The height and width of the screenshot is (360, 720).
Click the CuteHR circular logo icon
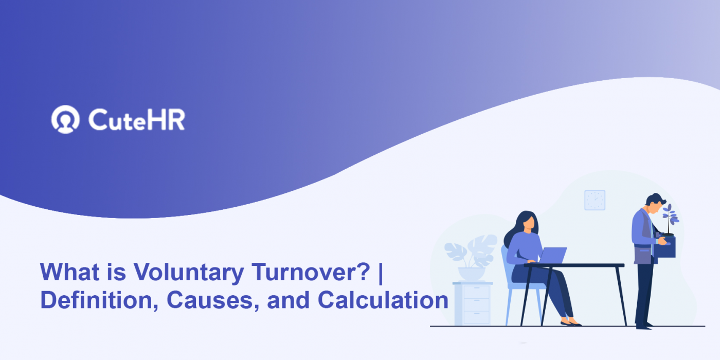click(65, 119)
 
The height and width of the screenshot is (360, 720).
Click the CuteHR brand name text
click(136, 120)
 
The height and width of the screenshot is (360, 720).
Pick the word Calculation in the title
click(383, 300)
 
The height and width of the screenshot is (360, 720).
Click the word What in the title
click(65, 273)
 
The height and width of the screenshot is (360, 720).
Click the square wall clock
click(595, 200)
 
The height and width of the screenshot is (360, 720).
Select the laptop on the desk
click(551, 256)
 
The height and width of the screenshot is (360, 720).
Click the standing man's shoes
click(643, 325)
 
